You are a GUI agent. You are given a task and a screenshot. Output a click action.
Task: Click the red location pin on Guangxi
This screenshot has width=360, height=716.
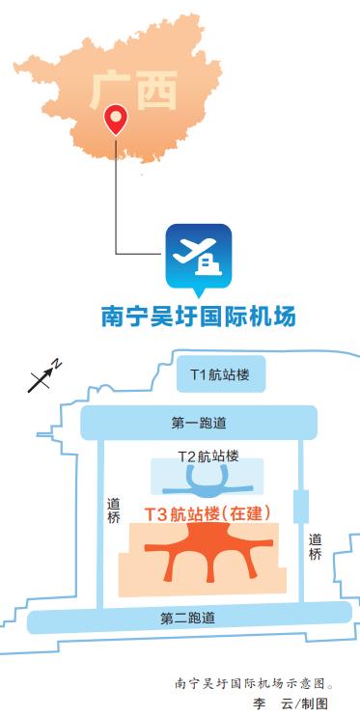pyautogui.click(x=115, y=120)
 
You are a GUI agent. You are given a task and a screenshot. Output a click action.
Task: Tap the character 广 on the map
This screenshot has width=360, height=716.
pyautogui.click(x=111, y=90)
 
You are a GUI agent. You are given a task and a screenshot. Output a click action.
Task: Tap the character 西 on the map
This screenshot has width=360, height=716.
pyautogui.click(x=157, y=92)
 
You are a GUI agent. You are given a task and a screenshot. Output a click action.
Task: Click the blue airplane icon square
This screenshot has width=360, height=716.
pyautogui.click(x=199, y=256)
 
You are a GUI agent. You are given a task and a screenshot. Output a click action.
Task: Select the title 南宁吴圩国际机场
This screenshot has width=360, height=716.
pyautogui.click(x=198, y=317)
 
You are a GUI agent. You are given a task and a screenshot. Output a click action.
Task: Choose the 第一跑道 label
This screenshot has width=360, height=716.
pyautogui.click(x=198, y=422)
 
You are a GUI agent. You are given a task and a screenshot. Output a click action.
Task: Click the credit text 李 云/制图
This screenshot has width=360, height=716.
pyautogui.click(x=290, y=703)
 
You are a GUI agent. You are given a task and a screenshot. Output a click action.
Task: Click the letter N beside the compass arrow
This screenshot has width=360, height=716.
pyautogui.click(x=57, y=365)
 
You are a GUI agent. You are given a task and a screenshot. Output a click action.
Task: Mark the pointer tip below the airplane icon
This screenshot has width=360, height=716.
pyautogui.click(x=199, y=292)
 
